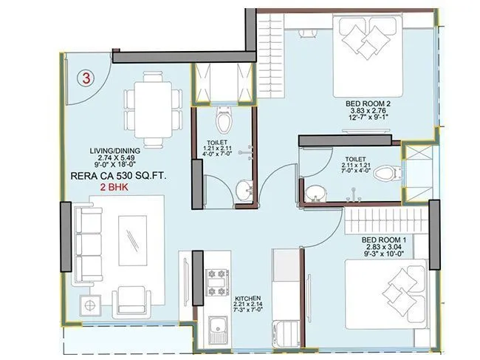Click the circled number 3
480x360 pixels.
pyautogui.click(x=86, y=78)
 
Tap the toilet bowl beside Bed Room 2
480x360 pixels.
pyautogui.click(x=383, y=174)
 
